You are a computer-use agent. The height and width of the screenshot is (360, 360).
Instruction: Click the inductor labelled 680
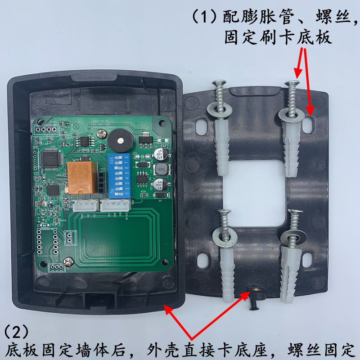(160, 170)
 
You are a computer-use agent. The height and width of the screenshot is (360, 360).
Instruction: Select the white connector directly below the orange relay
(85, 206)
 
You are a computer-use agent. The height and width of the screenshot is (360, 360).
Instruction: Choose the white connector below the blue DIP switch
(115, 205)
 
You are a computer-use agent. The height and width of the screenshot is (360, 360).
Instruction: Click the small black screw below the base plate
(252, 307)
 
